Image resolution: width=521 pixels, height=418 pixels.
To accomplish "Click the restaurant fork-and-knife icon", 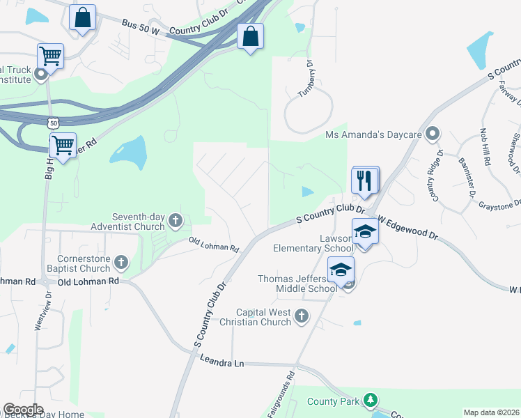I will (x=365, y=181).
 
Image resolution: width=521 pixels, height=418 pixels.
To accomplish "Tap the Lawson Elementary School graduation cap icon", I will (x=365, y=231).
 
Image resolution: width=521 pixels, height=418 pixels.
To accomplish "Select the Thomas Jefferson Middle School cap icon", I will (x=341, y=270).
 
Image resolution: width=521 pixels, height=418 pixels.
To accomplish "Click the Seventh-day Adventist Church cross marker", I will (x=175, y=222).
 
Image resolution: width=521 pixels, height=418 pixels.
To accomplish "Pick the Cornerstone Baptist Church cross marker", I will (x=121, y=263).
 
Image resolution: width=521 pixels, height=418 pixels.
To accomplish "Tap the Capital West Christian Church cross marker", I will (x=302, y=316).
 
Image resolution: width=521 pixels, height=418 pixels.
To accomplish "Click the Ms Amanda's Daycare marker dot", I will (x=433, y=133).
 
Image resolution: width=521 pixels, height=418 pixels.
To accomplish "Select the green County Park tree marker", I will (x=371, y=400).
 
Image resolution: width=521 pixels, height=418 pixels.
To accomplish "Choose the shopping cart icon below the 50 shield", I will (x=63, y=146).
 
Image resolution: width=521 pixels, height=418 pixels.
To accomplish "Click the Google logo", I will (x=23, y=410).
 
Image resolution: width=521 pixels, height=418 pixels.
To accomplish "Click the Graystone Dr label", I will (x=499, y=204).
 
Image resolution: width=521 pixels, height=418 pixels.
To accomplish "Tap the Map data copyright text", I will (x=491, y=412).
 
